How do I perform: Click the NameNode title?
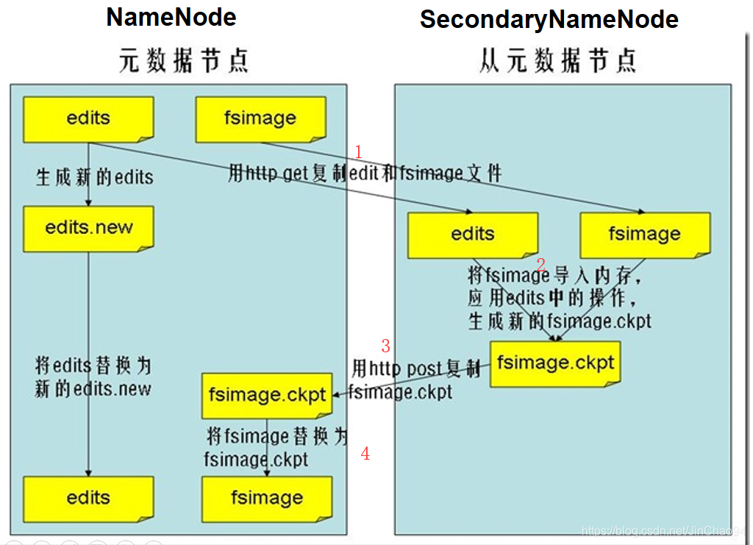coord(171,17)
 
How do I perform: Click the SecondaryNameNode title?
coord(549,20)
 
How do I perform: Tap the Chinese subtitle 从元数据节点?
coord(557,60)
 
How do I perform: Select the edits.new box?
coord(88,227)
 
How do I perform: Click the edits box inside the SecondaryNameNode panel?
coord(472,235)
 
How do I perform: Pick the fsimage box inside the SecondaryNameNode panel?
coord(645,235)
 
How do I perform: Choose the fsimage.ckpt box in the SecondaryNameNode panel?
coord(555,363)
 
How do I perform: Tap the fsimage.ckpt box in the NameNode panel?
coord(267,395)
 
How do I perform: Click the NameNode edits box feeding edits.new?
coord(88,118)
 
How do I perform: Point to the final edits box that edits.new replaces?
coord(88,498)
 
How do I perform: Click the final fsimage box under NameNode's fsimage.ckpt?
coord(267,498)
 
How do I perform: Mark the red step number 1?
coord(359,152)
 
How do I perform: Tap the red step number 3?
coord(385,346)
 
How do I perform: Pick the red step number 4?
coord(365,454)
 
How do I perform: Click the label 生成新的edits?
coord(95,177)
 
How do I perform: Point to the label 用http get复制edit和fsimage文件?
coord(365,174)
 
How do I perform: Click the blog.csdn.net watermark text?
coord(663,530)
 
